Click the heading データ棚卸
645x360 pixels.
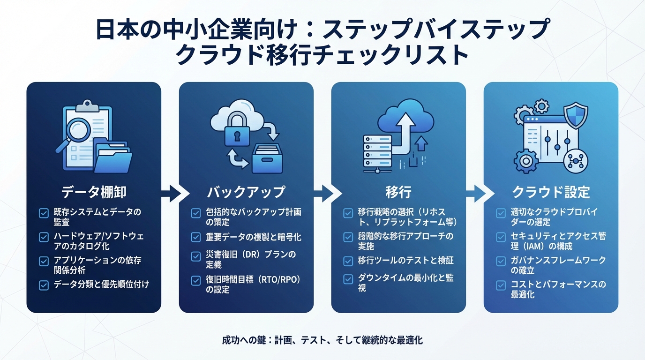(x=94, y=192)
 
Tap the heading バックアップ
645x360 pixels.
(x=246, y=192)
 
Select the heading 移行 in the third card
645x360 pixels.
(x=398, y=192)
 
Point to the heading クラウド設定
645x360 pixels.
(x=551, y=192)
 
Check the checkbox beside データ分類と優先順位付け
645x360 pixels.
(x=44, y=284)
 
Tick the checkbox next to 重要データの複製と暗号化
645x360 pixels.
(x=196, y=237)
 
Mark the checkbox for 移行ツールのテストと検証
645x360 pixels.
(x=348, y=261)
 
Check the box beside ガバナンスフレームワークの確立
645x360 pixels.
(x=501, y=261)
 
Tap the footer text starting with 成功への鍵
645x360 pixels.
(x=322, y=340)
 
